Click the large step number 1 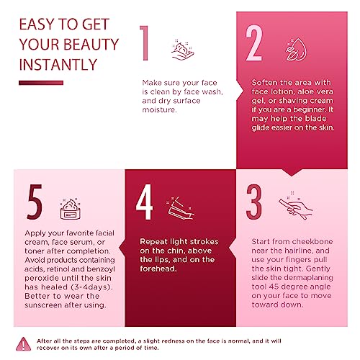click(x=145, y=43)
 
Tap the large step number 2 click(x=253, y=42)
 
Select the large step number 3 click(x=253, y=202)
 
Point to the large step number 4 click(x=144, y=202)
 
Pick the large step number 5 click(x=35, y=202)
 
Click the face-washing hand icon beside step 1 click(x=183, y=50)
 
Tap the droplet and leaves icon click(x=296, y=49)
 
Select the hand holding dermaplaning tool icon click(x=296, y=206)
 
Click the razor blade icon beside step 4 click(x=180, y=208)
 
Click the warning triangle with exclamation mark click(x=23, y=344)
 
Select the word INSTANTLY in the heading click(x=58, y=65)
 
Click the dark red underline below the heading click(x=41, y=83)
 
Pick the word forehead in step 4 click(x=158, y=269)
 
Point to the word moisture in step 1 click(x=159, y=109)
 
